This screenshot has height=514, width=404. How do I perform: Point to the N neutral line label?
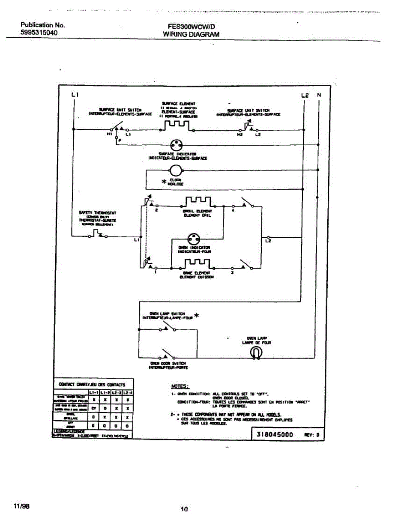[319, 95]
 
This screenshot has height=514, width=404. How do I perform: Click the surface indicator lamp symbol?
[176, 145]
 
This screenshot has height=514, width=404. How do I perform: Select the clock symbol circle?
[176, 170]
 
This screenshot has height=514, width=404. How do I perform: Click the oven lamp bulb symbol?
[256, 352]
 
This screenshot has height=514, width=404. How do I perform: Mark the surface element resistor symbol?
[177, 125]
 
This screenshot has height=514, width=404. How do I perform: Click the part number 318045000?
[275, 434]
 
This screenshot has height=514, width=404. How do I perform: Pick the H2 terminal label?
[239, 134]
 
